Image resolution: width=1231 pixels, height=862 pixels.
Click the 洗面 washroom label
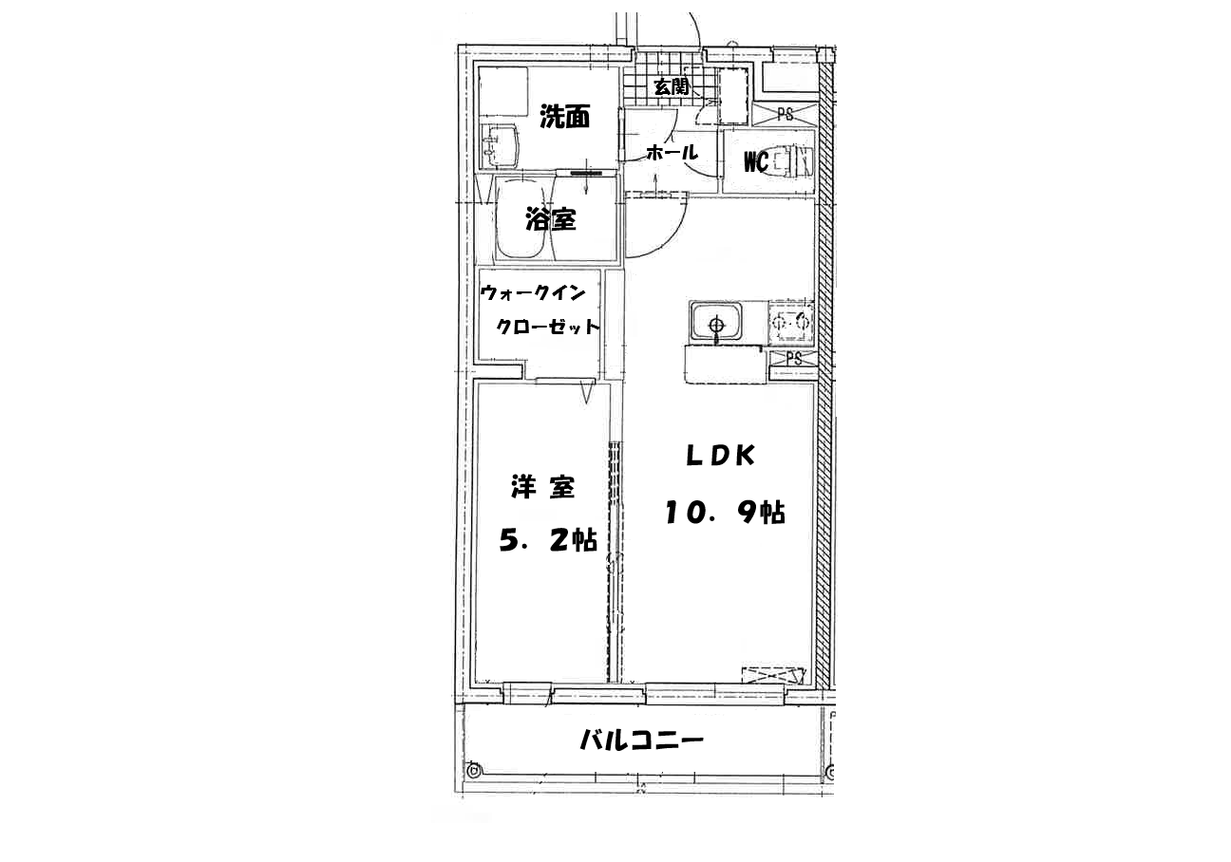pos(564,117)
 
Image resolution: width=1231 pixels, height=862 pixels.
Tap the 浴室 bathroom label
pos(551,219)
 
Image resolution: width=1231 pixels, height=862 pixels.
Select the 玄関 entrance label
pos(671,86)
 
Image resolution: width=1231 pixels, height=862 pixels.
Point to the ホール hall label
pos(672,152)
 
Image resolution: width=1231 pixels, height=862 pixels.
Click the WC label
pos(756,161)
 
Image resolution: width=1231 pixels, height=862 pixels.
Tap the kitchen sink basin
pos(716,322)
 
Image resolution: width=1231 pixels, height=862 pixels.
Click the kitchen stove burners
pos(791,322)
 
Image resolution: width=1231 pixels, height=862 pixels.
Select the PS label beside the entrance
pos(786,114)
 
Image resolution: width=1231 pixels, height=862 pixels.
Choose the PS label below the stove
pos(793,359)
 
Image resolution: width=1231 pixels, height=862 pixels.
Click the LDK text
pos(721,456)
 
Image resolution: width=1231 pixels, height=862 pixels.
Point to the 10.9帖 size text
pos(725,512)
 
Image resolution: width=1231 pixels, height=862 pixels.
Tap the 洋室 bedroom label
pos(543,487)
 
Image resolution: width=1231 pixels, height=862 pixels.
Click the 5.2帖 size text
pos(548,539)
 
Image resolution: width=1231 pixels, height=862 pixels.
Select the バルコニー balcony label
pos(642,740)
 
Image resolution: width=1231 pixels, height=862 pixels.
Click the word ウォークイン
pos(533,292)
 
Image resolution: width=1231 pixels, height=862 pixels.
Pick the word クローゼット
pos(547,327)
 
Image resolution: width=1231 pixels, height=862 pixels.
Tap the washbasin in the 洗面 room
pos(115,145)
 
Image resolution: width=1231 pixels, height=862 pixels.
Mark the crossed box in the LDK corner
pos(773,675)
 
